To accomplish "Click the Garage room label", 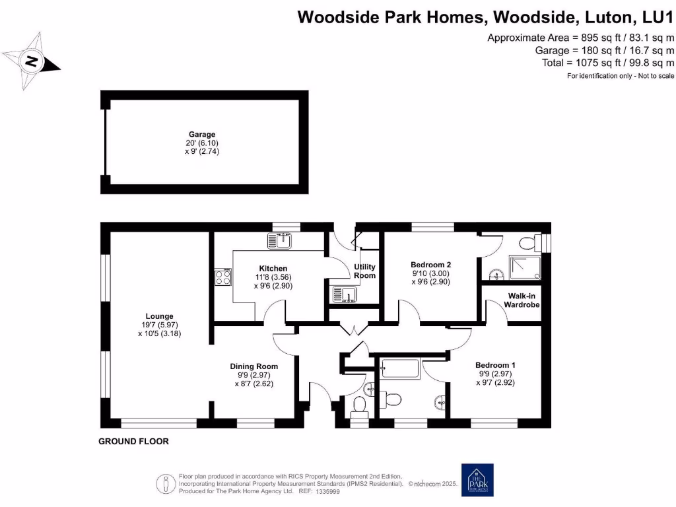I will click(x=201, y=134).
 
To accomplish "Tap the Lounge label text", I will click(x=160, y=316).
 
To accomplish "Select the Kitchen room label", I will click(x=273, y=268).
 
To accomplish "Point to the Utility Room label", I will click(x=365, y=271).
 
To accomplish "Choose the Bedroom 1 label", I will click(x=495, y=365).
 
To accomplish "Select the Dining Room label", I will click(x=253, y=366).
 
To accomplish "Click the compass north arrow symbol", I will click(x=31, y=62).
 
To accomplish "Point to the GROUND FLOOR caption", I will click(x=134, y=441).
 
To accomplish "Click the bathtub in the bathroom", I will click(x=400, y=368).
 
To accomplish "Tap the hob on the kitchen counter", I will click(x=222, y=277).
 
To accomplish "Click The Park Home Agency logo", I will click(x=477, y=480).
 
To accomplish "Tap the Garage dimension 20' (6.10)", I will click(x=202, y=143).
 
